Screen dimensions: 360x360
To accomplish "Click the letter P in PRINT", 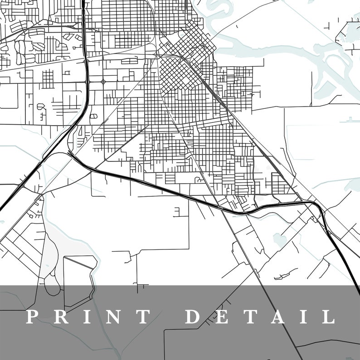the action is tap(32, 316).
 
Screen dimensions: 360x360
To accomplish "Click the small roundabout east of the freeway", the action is tap(104, 82).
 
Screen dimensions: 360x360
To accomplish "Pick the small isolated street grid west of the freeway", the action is tap(47, 79).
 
